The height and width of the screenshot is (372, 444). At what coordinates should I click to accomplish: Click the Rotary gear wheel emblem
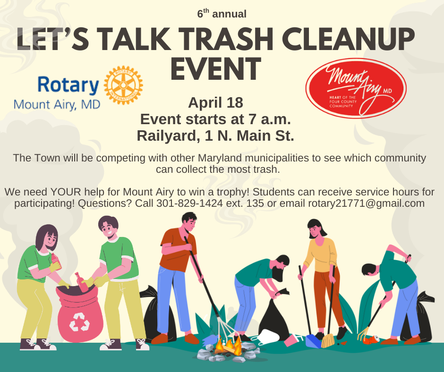tap(123, 85)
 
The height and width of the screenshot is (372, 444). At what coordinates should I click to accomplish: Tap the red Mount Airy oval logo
tap(356, 88)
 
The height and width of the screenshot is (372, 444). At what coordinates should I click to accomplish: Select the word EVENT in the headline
tap(216, 68)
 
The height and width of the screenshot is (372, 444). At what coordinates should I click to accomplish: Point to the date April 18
tap(215, 102)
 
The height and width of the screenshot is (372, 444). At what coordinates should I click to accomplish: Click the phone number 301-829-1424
tap(189, 203)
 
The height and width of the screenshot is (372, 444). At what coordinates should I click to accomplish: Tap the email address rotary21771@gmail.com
tap(366, 203)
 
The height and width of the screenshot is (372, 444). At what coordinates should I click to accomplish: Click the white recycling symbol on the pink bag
tap(79, 321)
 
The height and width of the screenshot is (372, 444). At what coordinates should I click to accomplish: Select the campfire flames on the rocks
tap(228, 345)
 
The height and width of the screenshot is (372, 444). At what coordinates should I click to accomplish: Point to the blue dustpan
tap(313, 341)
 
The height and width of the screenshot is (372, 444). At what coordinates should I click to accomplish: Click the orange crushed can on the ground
tap(372, 339)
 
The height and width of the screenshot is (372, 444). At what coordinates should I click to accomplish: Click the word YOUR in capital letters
tap(66, 192)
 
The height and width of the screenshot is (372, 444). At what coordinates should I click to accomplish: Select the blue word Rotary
tap(68, 85)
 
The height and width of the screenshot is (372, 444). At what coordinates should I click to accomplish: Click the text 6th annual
tap(222, 13)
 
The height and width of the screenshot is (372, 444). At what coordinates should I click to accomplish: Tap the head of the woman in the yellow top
tap(316, 228)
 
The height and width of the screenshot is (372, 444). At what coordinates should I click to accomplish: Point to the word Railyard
tap(166, 136)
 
